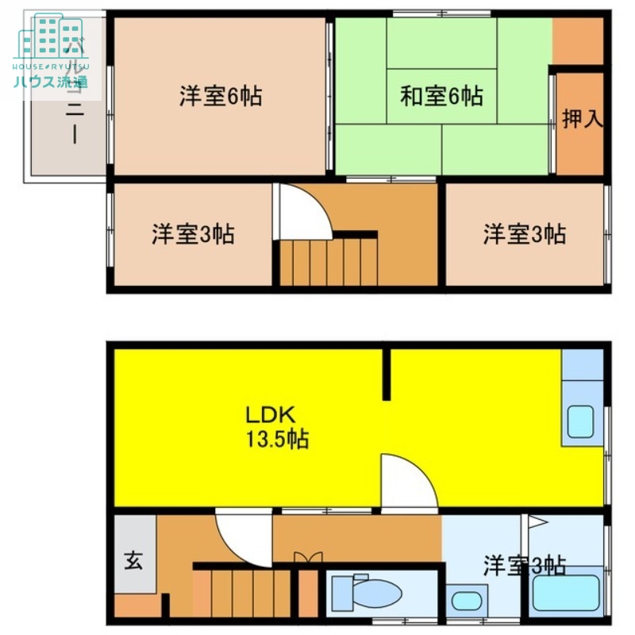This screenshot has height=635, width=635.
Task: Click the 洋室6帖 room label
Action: click(x=220, y=96)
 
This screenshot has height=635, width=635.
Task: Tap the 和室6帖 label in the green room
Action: click(x=441, y=96)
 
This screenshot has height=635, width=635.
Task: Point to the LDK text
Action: click(x=270, y=414)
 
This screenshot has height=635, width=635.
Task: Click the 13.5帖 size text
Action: click(x=277, y=438)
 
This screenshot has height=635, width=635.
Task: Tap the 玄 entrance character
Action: click(x=133, y=561)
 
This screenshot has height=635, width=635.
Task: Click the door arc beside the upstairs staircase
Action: click(x=303, y=211)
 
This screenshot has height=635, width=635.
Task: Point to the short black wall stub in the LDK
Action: click(x=387, y=373)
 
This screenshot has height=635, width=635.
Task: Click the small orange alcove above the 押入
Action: click(x=578, y=41)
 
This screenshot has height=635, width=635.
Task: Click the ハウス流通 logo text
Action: click(x=50, y=81)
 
